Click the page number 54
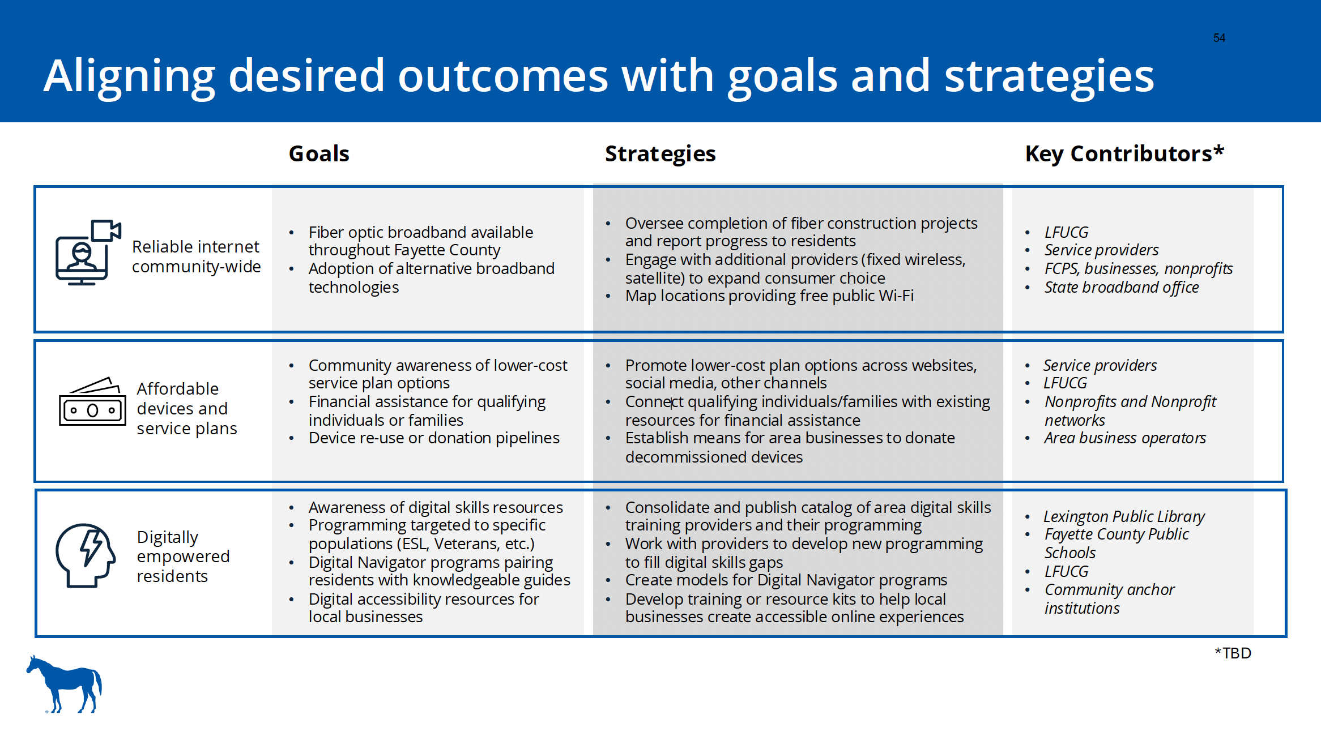(x=1219, y=38)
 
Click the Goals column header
(x=319, y=153)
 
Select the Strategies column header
(x=660, y=154)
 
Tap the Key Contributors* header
(x=1124, y=153)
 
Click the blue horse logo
(x=64, y=684)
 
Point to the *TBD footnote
(x=1233, y=653)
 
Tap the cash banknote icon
(x=92, y=401)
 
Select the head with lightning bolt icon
(x=86, y=555)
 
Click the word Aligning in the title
(x=130, y=76)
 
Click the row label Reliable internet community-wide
(x=196, y=256)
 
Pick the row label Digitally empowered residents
(x=183, y=557)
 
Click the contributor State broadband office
(x=1122, y=288)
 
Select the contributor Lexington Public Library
(x=1124, y=516)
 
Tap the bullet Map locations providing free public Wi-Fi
(x=769, y=296)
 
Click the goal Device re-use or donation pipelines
(x=434, y=438)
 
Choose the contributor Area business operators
(x=1125, y=438)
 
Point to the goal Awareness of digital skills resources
(x=436, y=507)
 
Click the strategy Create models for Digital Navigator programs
(x=786, y=580)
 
